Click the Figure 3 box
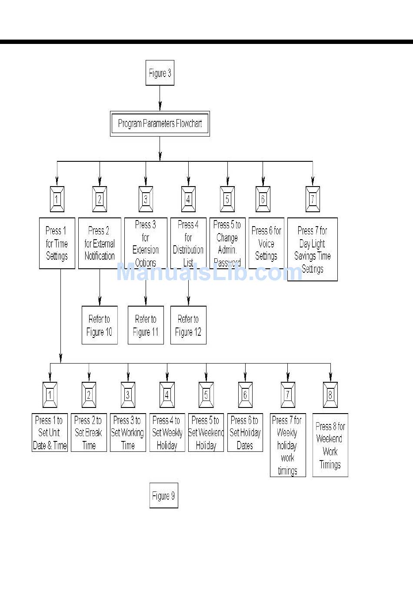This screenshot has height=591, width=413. [160, 73]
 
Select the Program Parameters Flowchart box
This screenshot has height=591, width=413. [160, 124]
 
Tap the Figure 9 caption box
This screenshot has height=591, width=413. [163, 495]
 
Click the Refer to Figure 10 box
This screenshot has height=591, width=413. [100, 325]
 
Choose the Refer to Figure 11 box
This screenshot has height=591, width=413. [146, 325]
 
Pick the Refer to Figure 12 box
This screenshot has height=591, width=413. [188, 325]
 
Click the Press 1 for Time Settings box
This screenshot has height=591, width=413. [57, 243]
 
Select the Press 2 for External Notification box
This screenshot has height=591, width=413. [100, 243]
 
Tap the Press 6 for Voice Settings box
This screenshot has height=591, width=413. [266, 243]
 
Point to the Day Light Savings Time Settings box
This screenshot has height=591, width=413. [312, 249]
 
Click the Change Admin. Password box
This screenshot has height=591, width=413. [227, 243]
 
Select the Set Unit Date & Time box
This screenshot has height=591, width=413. [50, 432]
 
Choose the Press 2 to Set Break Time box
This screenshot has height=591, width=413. [89, 432]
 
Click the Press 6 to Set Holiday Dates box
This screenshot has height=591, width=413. [245, 432]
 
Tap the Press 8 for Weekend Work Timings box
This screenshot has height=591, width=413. [330, 445]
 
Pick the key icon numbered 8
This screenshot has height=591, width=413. [330, 395]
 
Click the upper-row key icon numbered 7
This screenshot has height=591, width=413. [312, 199]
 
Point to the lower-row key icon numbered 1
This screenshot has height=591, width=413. [50, 395]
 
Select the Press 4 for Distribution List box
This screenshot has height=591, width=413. [188, 243]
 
